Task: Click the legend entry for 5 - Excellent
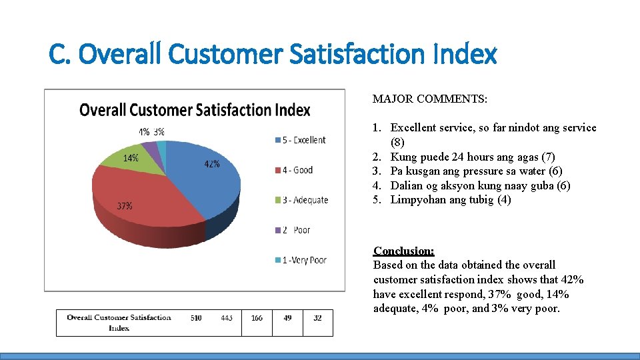pos(299,140)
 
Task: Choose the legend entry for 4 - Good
pos(293,170)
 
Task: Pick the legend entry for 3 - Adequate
pos(301,200)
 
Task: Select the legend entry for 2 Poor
pos(293,230)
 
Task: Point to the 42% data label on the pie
pos(211,164)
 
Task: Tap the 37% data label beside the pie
pos(125,206)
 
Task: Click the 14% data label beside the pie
pos(130,158)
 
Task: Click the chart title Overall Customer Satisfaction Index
pos(195,110)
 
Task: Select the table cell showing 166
pos(257,318)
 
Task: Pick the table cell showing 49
pos(287,318)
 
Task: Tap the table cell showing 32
pos(317,318)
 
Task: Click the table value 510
pos(196,318)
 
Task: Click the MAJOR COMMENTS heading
pos(430,99)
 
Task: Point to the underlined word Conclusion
pos(403,251)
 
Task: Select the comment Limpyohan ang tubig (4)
pos(451,200)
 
